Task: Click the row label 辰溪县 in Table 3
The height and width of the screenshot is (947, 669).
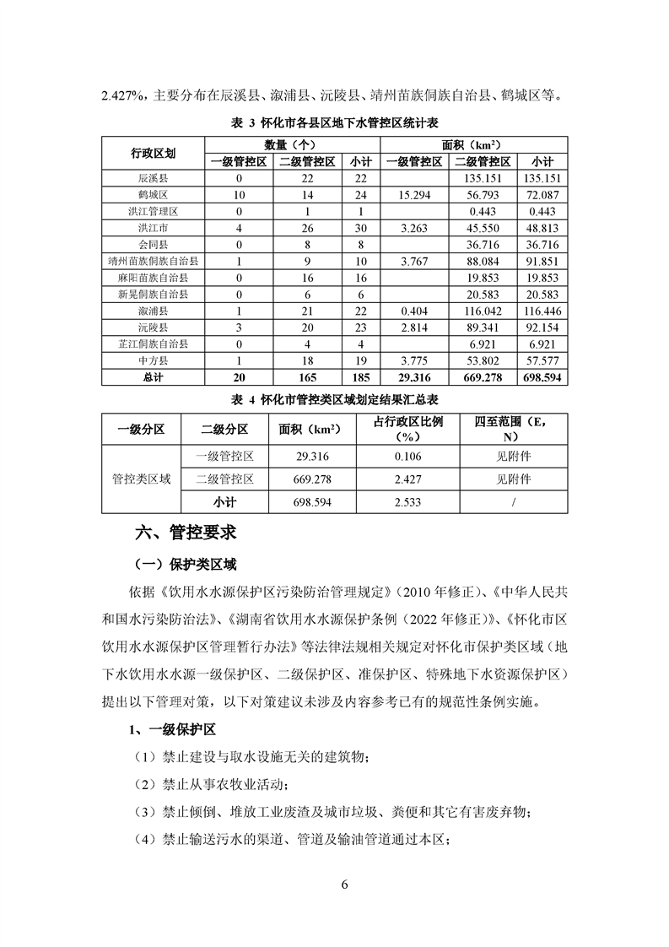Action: point(153,179)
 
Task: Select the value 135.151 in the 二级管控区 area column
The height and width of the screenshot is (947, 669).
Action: point(483,179)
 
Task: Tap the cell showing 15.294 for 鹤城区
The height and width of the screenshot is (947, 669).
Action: point(415,195)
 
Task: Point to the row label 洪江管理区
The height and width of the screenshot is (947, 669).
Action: point(153,211)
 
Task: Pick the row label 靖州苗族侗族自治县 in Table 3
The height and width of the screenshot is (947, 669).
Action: point(153,261)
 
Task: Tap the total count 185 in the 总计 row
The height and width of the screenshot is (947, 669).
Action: point(360,377)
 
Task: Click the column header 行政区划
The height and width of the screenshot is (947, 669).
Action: point(153,154)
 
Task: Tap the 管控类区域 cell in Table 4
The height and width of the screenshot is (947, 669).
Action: point(141,479)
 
